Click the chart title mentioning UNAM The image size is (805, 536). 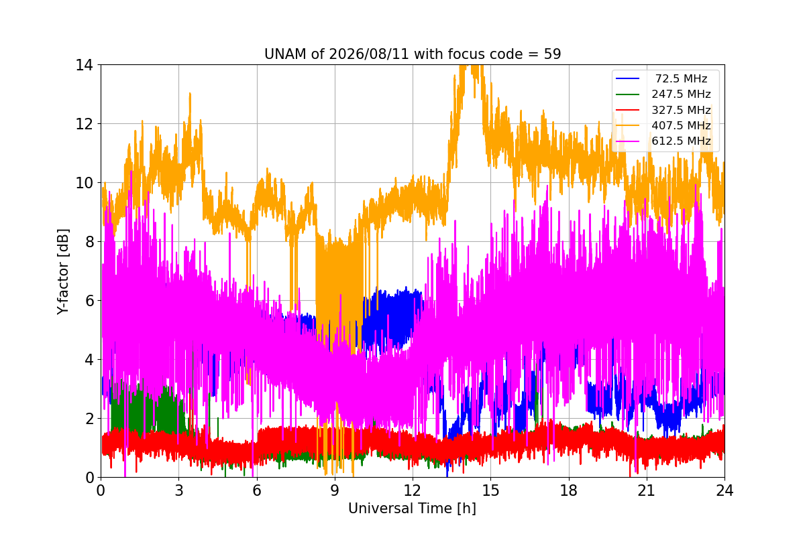pyautogui.click(x=413, y=54)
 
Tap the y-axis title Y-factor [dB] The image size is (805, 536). pyautogui.click(x=62, y=272)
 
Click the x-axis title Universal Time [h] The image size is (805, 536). pyautogui.click(x=412, y=509)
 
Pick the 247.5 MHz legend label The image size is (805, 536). pyautogui.click(x=682, y=94)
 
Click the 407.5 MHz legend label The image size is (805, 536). pyautogui.click(x=682, y=125)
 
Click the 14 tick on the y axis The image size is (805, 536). pyautogui.click(x=84, y=65)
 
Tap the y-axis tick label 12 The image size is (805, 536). pyautogui.click(x=84, y=124)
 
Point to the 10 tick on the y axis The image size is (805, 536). pyautogui.click(x=84, y=183)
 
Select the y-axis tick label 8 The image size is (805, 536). pyautogui.click(x=89, y=242)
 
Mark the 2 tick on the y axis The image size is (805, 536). pyautogui.click(x=89, y=419)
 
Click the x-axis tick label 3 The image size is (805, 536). pyautogui.click(x=179, y=490)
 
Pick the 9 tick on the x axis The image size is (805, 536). pyautogui.click(x=335, y=490)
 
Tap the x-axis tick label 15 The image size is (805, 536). pyautogui.click(x=491, y=490)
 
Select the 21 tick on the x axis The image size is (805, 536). pyautogui.click(x=647, y=490)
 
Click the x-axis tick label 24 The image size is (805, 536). pyautogui.click(x=725, y=490)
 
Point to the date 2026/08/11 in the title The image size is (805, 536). pyautogui.click(x=369, y=54)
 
